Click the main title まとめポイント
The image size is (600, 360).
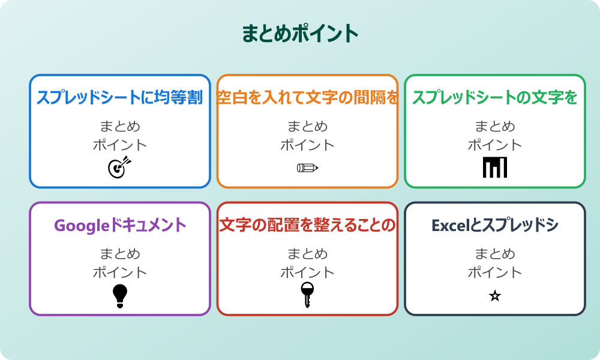click(300, 34)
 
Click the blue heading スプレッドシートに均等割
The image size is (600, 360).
click(120, 98)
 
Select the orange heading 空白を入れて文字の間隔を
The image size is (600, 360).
click(307, 98)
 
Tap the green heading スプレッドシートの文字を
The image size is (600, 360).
click(494, 98)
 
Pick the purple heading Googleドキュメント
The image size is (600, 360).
click(120, 226)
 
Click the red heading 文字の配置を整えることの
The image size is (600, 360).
click(307, 226)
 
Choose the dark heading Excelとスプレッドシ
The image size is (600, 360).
click(494, 226)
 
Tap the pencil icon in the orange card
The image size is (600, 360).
click(307, 167)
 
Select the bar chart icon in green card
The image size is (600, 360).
click(494, 167)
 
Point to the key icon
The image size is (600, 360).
click(307, 295)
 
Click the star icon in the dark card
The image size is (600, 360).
click(494, 296)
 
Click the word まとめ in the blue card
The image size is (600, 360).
click(120, 127)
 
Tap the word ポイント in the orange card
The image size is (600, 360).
click(307, 145)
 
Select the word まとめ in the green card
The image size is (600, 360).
click(494, 127)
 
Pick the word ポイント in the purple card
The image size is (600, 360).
click(120, 272)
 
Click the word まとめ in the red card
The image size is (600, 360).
click(307, 254)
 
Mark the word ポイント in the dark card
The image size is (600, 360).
click(494, 272)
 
